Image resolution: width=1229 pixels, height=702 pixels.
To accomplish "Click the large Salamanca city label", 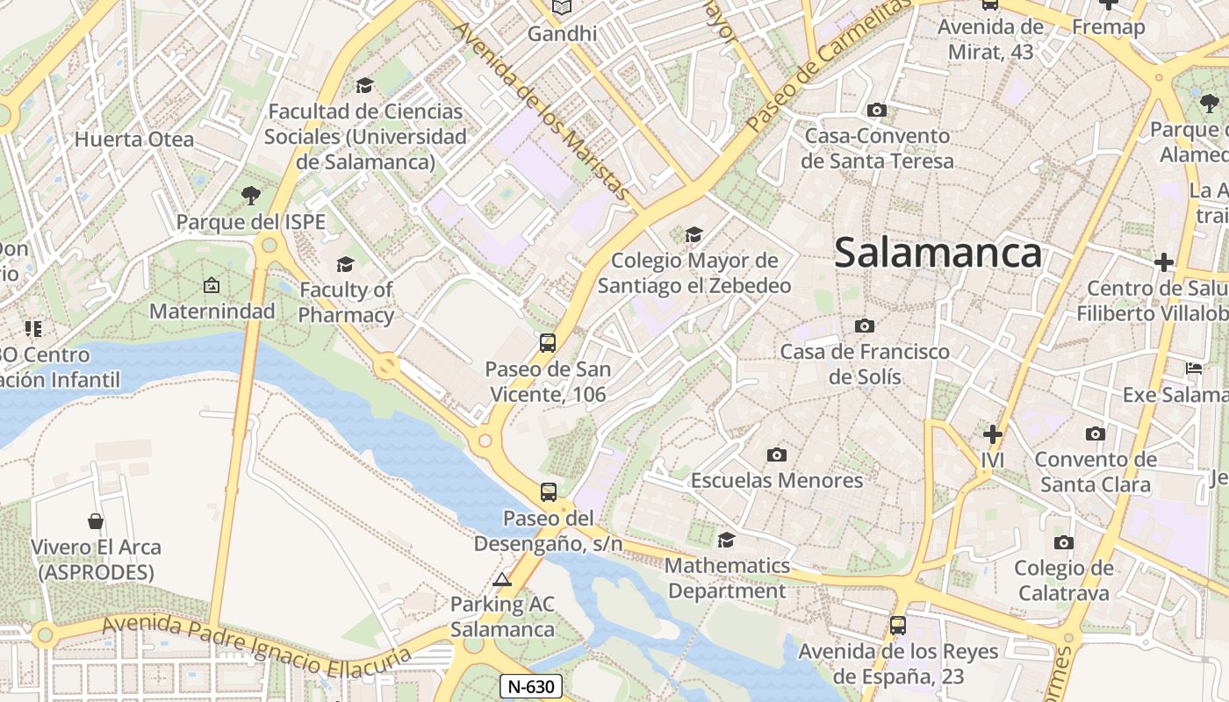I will click(x=938, y=253).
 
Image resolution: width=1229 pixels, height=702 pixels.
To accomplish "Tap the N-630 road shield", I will click(x=531, y=686).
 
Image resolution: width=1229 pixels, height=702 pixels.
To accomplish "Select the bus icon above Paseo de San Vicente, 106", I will click(x=548, y=342).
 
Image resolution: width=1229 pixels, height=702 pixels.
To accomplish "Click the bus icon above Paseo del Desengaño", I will click(x=549, y=491).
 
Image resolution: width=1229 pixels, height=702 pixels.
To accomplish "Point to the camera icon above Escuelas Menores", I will click(x=776, y=455).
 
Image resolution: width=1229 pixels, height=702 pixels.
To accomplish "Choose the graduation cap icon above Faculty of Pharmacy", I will click(x=346, y=264).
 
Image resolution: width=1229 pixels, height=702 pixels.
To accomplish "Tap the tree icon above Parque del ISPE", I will click(x=251, y=195).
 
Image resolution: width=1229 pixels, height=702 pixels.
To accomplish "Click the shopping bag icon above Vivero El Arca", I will click(x=97, y=521).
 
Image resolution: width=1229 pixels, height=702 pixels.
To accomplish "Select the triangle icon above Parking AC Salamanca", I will click(x=502, y=579).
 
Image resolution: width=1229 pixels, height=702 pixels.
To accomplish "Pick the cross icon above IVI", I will click(x=993, y=434).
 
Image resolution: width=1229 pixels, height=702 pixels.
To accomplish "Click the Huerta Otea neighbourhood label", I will click(x=133, y=140).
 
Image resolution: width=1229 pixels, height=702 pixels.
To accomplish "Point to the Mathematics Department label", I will click(x=727, y=578).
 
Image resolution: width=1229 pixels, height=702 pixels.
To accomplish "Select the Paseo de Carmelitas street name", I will click(x=829, y=65).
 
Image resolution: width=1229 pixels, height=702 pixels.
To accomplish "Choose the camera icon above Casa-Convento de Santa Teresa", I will click(x=876, y=111).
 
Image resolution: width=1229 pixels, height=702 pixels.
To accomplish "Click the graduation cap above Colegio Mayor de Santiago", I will click(x=694, y=234).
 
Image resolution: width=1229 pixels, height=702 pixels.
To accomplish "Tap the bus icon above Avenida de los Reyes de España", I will click(x=897, y=626).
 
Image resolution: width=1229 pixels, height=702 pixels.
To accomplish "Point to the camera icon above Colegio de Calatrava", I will click(x=1064, y=542).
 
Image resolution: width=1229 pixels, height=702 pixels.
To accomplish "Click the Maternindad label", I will click(x=212, y=311).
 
